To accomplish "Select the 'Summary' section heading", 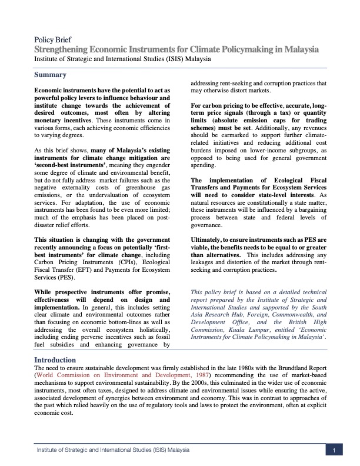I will click(50, 75).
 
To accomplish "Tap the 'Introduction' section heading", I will click(55, 359).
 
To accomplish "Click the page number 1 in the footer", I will click(334, 450).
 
